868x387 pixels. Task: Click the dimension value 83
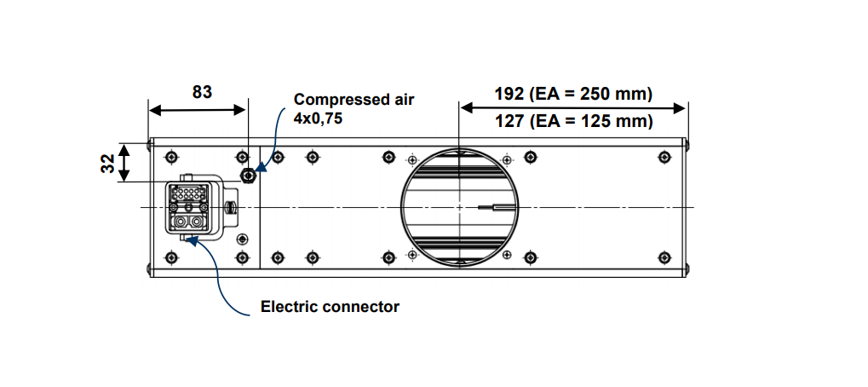pos(202,92)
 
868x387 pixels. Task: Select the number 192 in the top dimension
pos(509,93)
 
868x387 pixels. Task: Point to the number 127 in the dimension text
pos(509,121)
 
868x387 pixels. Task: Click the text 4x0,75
pos(318,119)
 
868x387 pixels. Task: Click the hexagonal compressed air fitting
pos(248,176)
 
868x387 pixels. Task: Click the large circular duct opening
pos(459,207)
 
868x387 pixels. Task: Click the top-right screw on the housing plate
pos(664,156)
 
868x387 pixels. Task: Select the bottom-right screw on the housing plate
pos(664,257)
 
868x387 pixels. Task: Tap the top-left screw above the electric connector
pos(174,157)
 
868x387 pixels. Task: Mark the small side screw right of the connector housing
pos(231,207)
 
